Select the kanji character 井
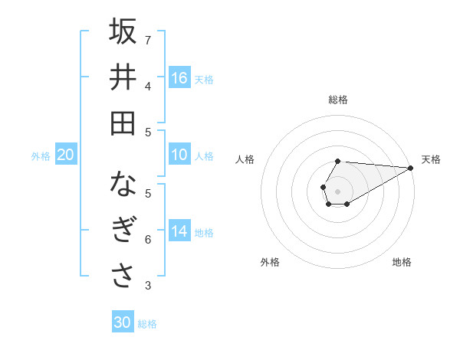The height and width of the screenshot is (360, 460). tap(123, 77)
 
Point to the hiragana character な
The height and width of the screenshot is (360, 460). tap(123, 185)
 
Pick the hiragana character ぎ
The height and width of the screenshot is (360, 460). tap(123, 231)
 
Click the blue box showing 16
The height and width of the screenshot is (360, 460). tap(179, 78)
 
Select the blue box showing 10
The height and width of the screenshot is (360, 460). tap(179, 155)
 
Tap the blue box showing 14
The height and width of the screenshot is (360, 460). tap(179, 231)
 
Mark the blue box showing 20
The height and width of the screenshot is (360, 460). tap(65, 155)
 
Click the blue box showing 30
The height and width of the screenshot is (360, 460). tap(123, 322)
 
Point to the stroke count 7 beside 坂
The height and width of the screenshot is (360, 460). tap(148, 40)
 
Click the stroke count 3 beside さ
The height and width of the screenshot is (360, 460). tap(148, 286)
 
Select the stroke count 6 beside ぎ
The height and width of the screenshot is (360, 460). tap(148, 240)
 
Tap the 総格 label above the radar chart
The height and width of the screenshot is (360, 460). tap(338, 100)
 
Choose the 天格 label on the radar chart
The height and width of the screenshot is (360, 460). tap(431, 159)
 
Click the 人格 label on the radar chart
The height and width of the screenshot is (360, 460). tap(245, 159)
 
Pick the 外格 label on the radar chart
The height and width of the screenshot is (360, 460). tap(270, 262)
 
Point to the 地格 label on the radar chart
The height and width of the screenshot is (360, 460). tap(402, 262)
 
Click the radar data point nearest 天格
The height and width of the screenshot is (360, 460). tap(410, 168)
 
